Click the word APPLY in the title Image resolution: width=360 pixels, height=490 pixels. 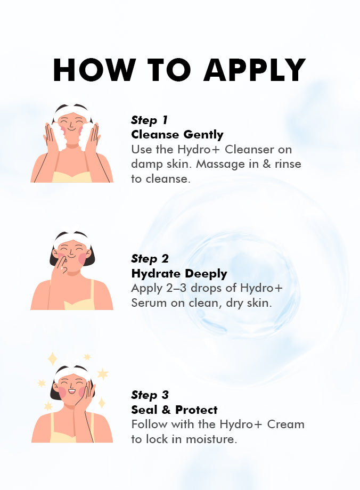pyautogui.click(x=255, y=70)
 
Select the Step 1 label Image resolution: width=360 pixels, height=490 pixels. pyautogui.click(x=149, y=120)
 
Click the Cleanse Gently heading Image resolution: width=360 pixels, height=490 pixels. pyautogui.click(x=177, y=135)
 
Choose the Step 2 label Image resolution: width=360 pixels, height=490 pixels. pyautogui.click(x=150, y=259)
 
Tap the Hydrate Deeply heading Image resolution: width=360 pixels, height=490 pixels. pyautogui.click(x=179, y=274)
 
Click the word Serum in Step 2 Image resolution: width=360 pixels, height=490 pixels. pyautogui.click(x=149, y=303)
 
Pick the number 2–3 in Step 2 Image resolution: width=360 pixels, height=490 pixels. pyautogui.click(x=176, y=288)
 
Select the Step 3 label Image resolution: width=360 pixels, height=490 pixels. pyautogui.click(x=150, y=395)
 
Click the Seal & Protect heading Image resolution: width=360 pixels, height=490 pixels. pyautogui.click(x=174, y=410)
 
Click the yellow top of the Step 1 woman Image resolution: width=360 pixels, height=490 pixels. pyautogui.click(x=72, y=177)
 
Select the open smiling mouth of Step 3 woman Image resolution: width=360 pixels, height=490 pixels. pyautogui.click(x=72, y=390)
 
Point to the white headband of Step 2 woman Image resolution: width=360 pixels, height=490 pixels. pyautogui.click(x=72, y=237)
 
